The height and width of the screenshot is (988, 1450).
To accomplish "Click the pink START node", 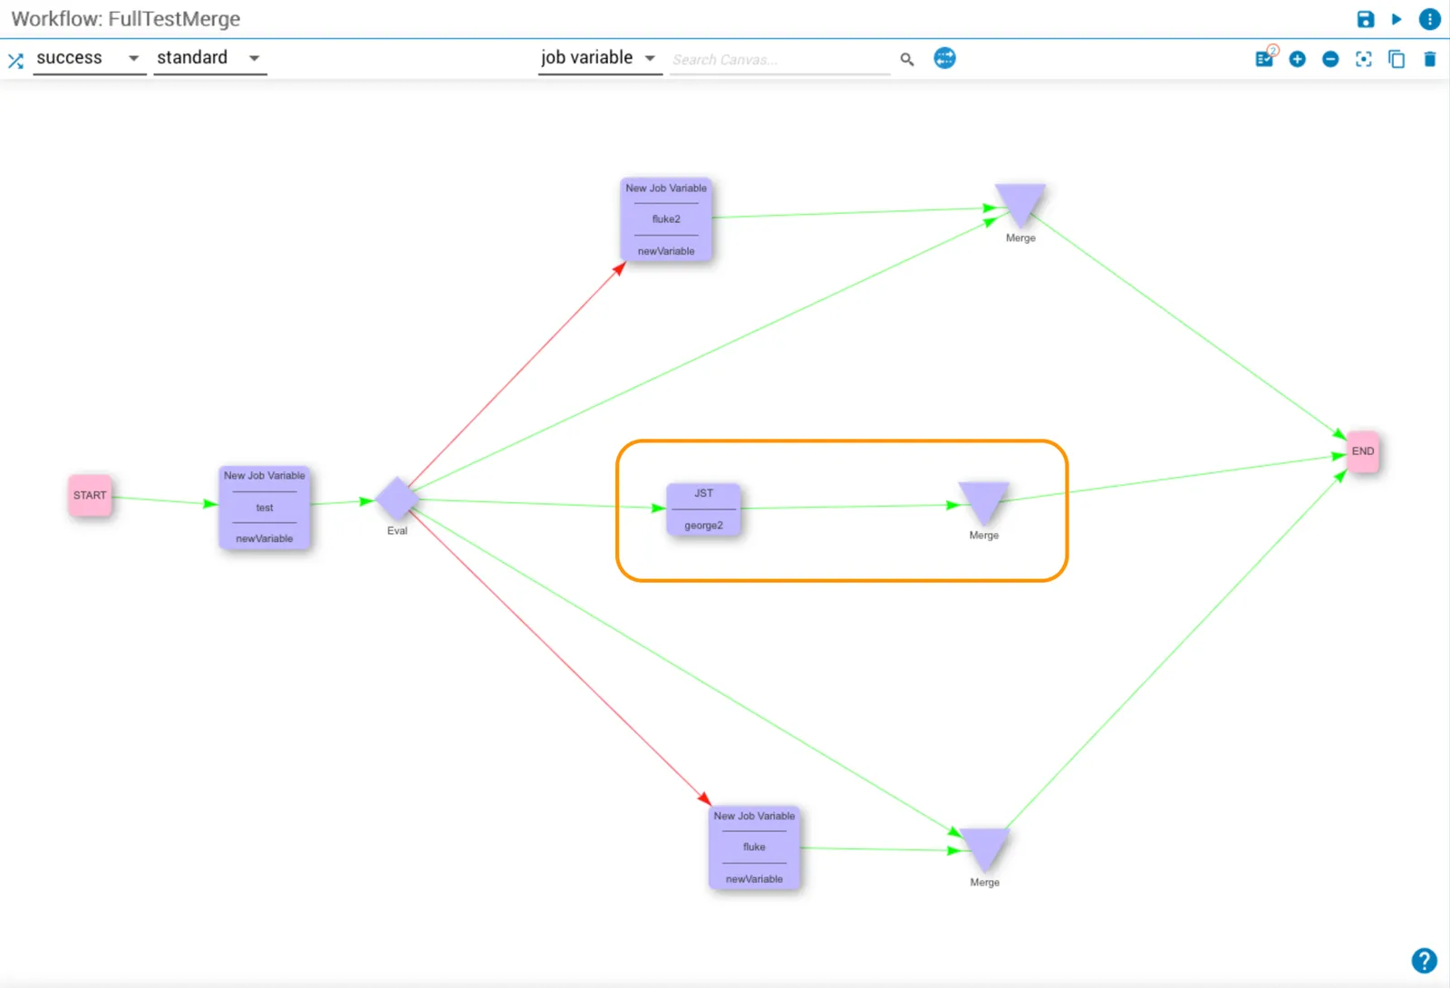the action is coord(90,495).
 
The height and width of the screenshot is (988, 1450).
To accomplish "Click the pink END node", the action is coord(1363,451).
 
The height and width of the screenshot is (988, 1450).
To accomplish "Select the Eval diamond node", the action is coord(397,499).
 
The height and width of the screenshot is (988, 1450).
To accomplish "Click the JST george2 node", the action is coord(703,509).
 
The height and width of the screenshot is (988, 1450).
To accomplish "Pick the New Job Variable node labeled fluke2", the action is coord(666,218).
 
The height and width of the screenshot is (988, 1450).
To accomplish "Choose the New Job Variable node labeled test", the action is coord(264,507).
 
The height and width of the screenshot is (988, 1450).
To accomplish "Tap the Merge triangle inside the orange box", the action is coord(983,502).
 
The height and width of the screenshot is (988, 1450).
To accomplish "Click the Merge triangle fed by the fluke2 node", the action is coord(1020,203).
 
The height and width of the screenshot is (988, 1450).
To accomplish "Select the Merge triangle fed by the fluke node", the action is coord(984,848).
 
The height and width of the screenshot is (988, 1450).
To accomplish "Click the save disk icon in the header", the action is coord(1365,19).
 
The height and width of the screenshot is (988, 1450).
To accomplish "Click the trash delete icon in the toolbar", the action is coord(1430,59).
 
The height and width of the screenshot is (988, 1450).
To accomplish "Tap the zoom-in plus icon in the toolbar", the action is coord(1297,59).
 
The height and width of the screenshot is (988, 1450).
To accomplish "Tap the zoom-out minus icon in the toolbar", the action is coord(1330,59).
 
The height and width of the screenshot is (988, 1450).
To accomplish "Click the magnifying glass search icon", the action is coord(907,60).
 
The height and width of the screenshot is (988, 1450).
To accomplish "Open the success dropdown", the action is coord(89,58).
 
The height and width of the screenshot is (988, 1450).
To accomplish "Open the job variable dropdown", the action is coord(599,58).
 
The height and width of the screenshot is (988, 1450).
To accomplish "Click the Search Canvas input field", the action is coord(780,60).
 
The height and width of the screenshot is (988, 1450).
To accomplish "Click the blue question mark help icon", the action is coord(1424,961).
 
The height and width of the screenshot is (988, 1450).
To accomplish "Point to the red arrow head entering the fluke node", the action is coord(706,799).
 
